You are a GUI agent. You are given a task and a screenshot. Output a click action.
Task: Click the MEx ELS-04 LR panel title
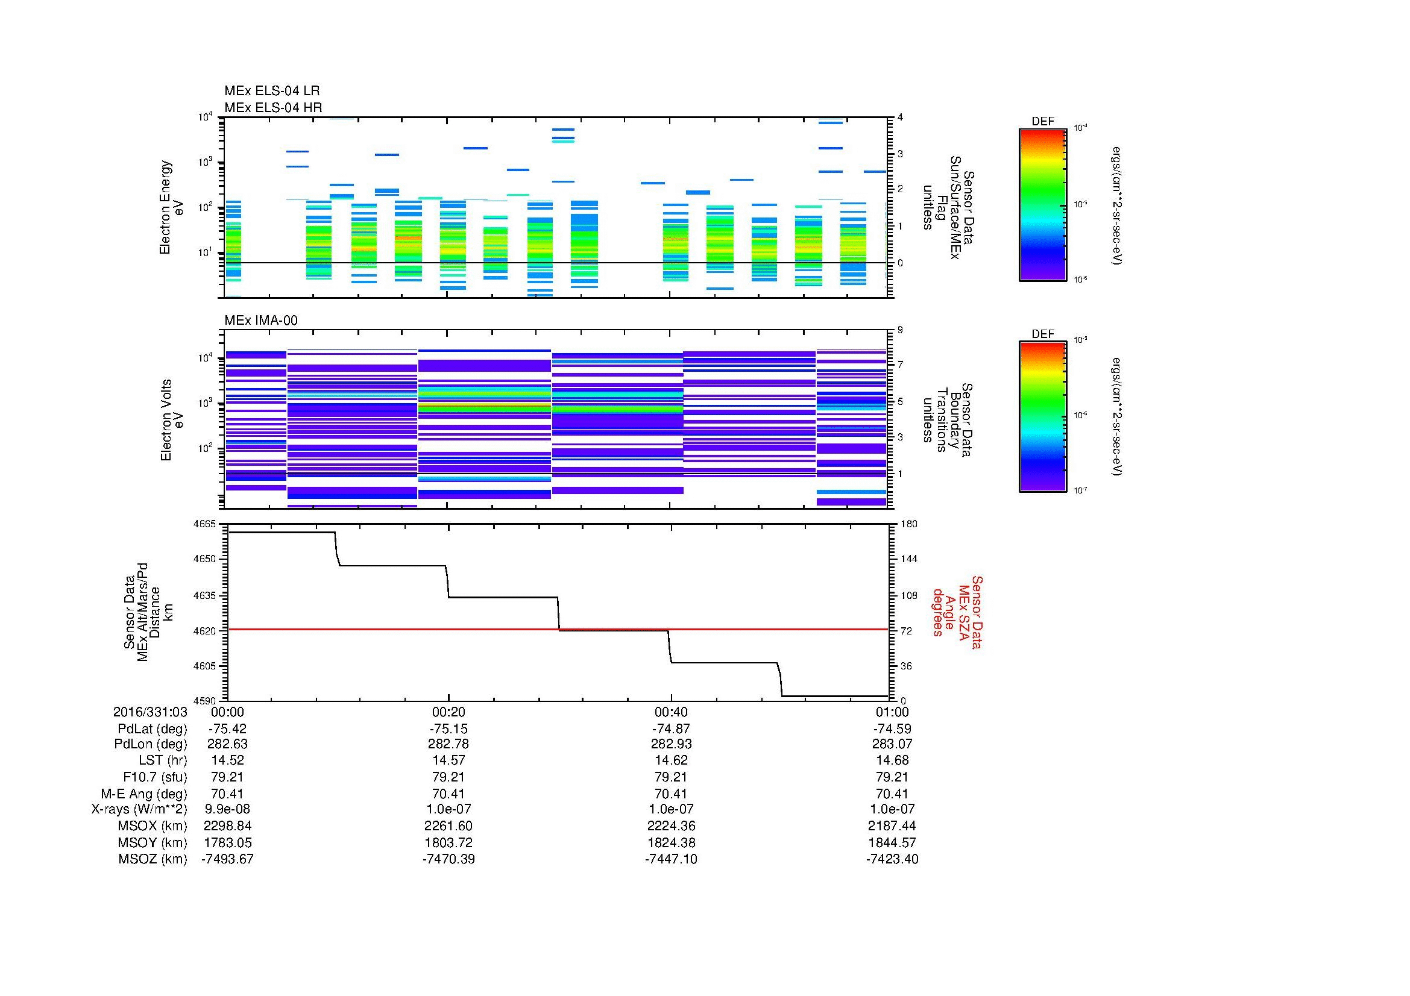(271, 91)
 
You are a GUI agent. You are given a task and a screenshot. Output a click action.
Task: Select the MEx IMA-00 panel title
(260, 321)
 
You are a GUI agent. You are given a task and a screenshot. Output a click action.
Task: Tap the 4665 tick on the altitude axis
(204, 524)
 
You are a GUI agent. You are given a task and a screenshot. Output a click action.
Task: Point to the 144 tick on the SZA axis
(909, 559)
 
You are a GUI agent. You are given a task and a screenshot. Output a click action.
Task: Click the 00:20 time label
(448, 712)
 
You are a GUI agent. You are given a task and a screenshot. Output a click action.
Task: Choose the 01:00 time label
(892, 712)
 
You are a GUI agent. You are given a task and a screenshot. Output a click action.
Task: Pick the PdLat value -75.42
(227, 728)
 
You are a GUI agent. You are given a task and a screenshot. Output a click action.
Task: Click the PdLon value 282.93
(670, 744)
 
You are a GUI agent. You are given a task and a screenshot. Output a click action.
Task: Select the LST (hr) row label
(163, 760)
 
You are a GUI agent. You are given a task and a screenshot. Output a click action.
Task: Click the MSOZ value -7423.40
(892, 859)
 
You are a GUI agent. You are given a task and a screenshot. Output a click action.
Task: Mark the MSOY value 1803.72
(448, 842)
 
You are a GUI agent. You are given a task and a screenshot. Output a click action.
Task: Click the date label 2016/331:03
(150, 712)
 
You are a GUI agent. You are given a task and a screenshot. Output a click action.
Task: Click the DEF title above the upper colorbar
(1043, 122)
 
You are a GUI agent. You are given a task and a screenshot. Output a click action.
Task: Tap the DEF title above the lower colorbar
(1043, 334)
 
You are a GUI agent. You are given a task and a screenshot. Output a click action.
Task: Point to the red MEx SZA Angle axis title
(957, 612)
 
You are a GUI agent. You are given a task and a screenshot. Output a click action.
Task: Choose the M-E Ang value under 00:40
(670, 794)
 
